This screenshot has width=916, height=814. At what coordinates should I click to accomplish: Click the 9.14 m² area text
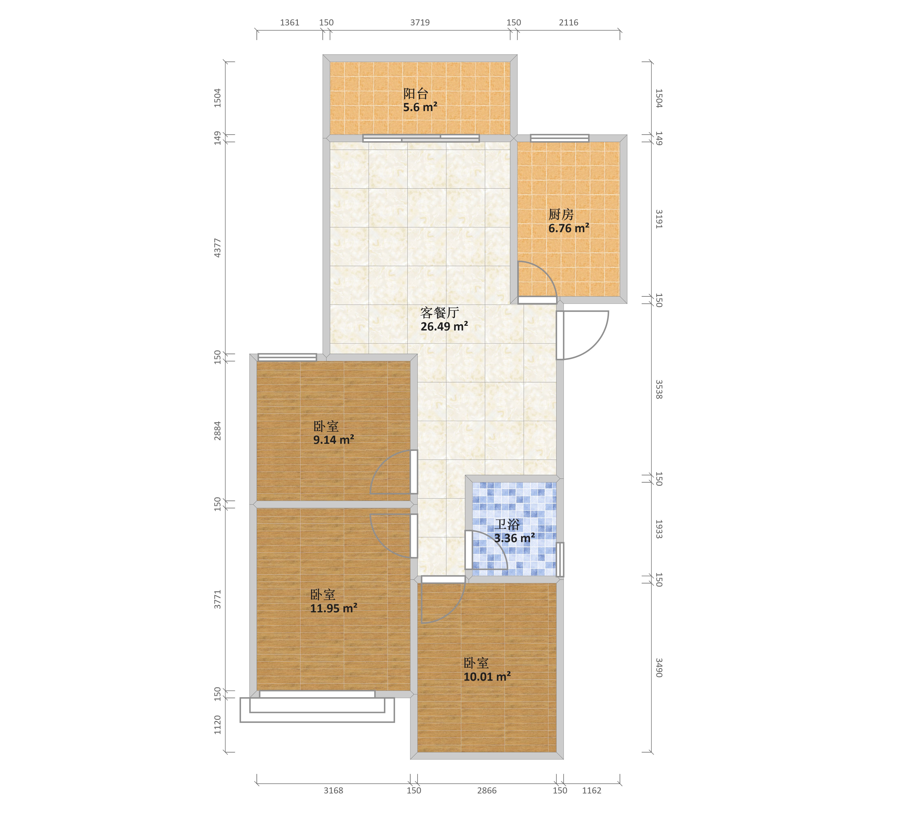333,440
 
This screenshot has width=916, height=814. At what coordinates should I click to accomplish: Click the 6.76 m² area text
569,228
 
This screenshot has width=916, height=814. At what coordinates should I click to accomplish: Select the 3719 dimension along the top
420,22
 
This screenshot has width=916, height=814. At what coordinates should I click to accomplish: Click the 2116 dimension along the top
568,22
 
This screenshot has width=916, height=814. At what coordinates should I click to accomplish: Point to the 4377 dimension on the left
217,248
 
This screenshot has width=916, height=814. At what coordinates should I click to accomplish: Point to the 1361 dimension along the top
289,22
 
